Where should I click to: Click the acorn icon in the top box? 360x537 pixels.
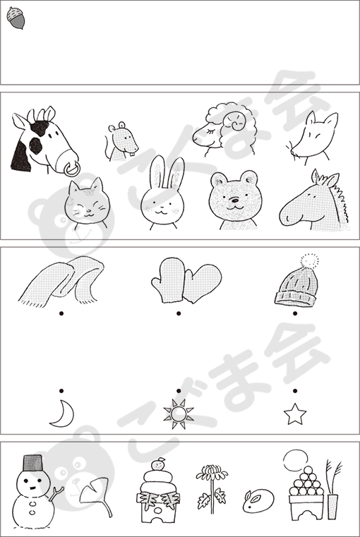click(x=16, y=18)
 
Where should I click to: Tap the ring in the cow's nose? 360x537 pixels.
click(x=72, y=169)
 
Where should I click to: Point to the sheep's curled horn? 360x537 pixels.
click(x=236, y=122)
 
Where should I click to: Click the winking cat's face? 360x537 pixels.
click(x=88, y=204)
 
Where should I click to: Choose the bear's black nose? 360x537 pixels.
click(x=234, y=200)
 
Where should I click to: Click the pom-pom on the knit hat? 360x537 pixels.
click(x=310, y=261)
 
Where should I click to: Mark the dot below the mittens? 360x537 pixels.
click(x=179, y=313)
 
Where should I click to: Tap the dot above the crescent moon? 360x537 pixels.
click(x=61, y=391)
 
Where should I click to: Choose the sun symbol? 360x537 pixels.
click(x=179, y=414)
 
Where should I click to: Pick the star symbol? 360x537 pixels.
click(x=295, y=414)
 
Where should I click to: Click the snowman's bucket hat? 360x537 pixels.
click(x=33, y=463)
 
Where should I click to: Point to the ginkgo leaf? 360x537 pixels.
click(x=95, y=493)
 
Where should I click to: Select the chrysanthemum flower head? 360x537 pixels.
click(x=212, y=473)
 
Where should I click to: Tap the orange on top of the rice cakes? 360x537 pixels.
click(x=158, y=464)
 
